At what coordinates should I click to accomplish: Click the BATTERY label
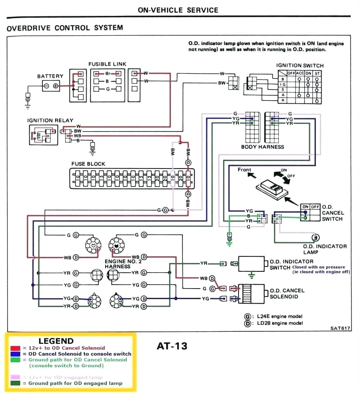(50, 76)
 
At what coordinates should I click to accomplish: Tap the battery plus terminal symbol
(56, 86)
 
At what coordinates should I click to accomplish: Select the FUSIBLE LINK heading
(107, 64)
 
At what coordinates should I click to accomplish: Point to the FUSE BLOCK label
(88, 164)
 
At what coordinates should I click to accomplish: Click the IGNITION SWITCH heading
(300, 65)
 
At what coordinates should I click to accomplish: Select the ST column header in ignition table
(317, 73)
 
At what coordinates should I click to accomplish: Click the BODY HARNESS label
(262, 146)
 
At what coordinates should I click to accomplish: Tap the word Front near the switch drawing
(244, 170)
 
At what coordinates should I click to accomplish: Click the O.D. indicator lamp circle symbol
(315, 237)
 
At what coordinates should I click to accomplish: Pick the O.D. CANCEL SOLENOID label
(287, 293)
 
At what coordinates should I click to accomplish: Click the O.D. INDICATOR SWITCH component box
(251, 264)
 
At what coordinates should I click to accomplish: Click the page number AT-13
(172, 346)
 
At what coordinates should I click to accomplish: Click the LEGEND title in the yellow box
(56, 341)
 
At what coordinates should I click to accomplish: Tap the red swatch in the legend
(15, 348)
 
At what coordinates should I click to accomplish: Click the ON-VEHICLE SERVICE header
(178, 10)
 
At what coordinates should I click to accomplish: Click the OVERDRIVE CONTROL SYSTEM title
(65, 28)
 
